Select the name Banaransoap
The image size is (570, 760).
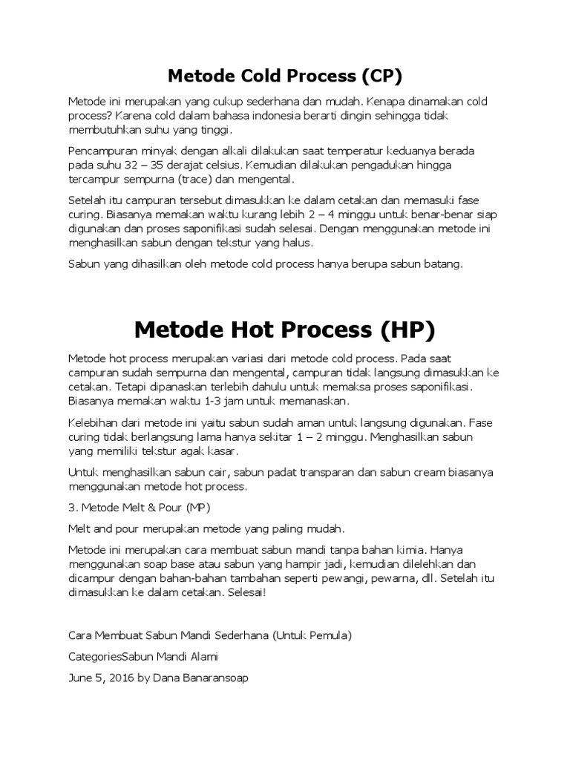[x=221, y=678]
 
